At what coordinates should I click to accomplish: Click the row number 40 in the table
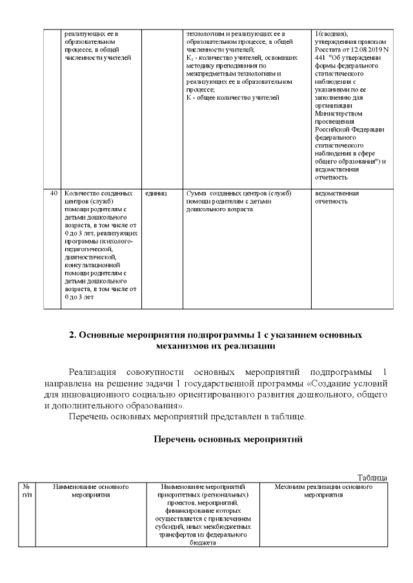pos(54,193)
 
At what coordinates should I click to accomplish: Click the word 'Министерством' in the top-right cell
pos(336,113)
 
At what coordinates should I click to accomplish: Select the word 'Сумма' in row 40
pos(196,193)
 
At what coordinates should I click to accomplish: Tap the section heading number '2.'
pos(73,335)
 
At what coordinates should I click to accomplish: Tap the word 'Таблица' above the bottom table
pos(372,477)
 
